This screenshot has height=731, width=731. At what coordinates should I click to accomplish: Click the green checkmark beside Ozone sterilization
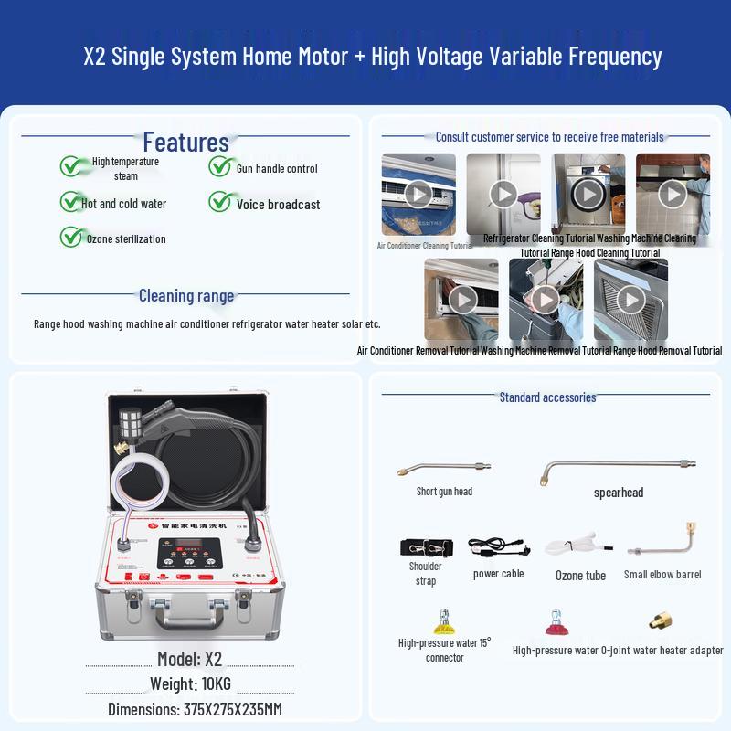[72, 237]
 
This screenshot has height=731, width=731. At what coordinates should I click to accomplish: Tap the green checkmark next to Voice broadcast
[220, 202]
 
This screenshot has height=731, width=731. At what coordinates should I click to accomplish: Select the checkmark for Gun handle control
[220, 166]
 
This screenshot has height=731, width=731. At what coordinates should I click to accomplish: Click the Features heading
[185, 143]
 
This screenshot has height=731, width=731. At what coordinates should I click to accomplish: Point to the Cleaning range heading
[185, 295]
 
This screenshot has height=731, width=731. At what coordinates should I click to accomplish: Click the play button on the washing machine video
[588, 194]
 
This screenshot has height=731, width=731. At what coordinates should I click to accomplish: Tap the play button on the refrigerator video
[503, 194]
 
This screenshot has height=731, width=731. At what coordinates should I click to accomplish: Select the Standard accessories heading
[547, 397]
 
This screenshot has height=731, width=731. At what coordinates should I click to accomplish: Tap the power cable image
[498, 547]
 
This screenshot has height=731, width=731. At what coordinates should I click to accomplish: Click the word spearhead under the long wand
[619, 493]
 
